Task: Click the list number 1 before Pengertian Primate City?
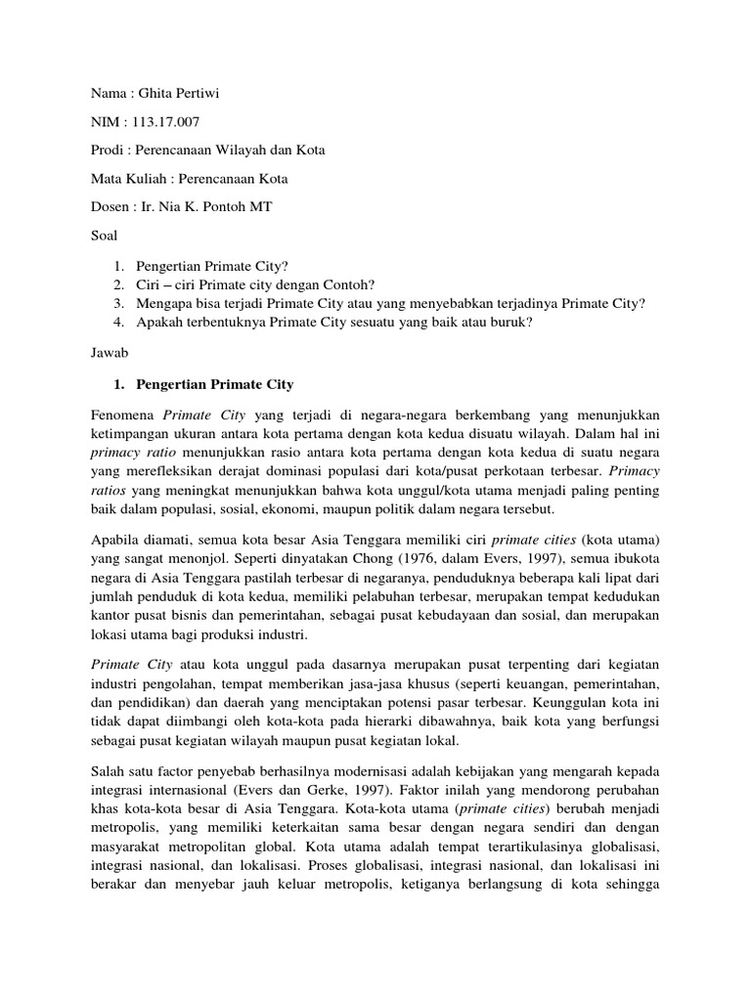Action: coord(116,266)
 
